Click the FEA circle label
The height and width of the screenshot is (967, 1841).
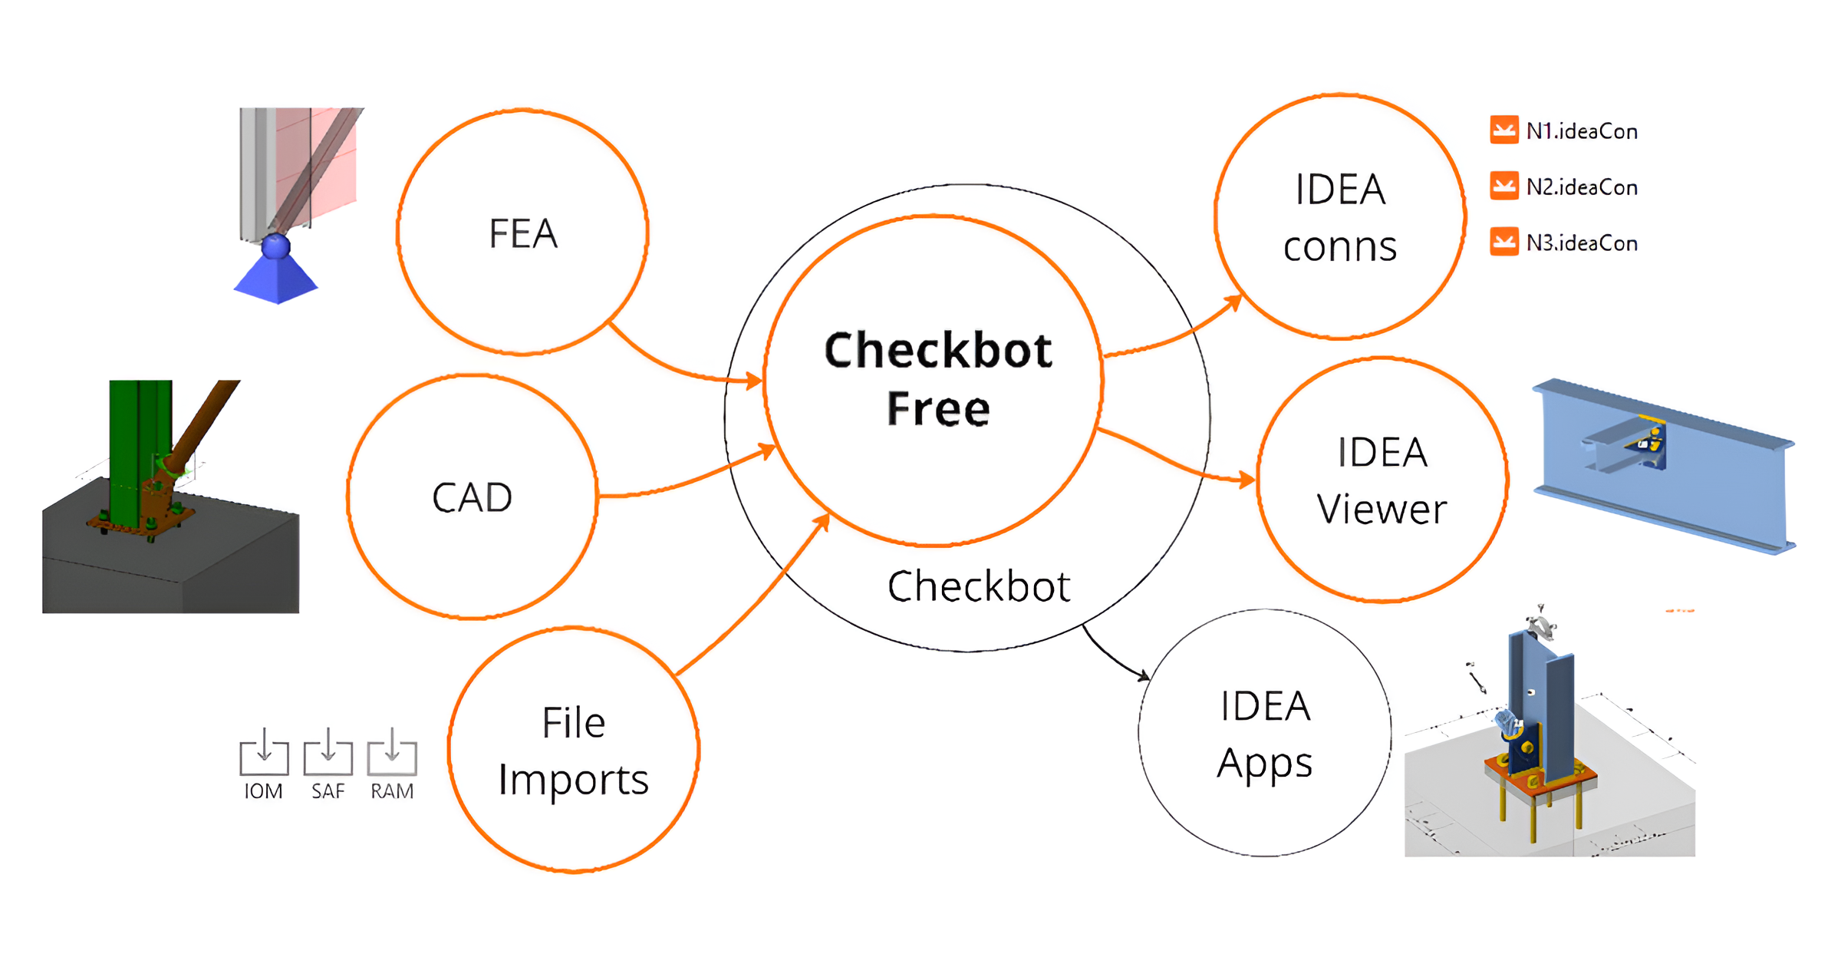tap(522, 233)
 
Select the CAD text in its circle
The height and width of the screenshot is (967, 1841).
tap(472, 497)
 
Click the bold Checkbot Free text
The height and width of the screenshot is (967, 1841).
tap(937, 379)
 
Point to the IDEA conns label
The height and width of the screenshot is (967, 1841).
tap(1339, 218)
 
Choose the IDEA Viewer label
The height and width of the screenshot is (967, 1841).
tap(1382, 480)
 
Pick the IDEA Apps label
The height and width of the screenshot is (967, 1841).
tap(1265, 734)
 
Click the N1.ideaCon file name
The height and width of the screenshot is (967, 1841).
tap(1581, 132)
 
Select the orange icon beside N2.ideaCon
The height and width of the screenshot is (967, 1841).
tap(1503, 186)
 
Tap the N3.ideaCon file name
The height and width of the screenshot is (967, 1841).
tap(1581, 243)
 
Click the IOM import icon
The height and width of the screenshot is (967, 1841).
tap(264, 752)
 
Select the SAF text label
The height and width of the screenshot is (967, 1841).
tap(328, 791)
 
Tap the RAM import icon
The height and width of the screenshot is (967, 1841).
tap(392, 752)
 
